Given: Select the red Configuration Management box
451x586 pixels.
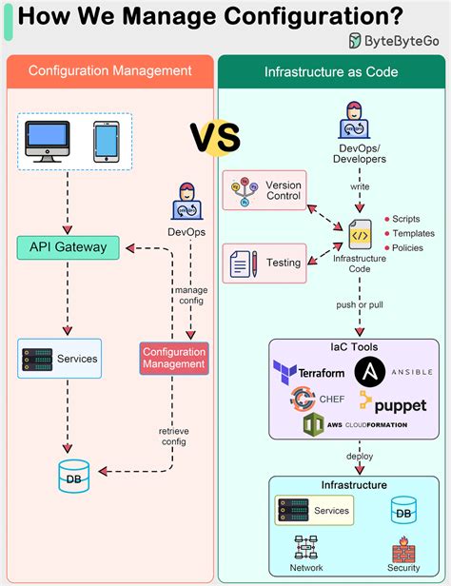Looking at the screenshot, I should (174, 359).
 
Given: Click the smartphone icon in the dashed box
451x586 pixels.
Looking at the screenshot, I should (105, 141).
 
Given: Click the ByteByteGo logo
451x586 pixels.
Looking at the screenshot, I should (393, 40).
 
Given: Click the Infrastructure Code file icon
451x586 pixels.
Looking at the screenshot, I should (360, 233).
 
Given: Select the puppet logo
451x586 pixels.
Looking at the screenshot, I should (392, 403).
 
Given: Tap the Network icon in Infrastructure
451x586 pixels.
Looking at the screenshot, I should (306, 548).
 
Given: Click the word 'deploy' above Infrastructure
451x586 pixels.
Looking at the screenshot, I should (360, 456).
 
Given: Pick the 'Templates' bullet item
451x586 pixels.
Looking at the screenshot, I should (411, 234).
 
